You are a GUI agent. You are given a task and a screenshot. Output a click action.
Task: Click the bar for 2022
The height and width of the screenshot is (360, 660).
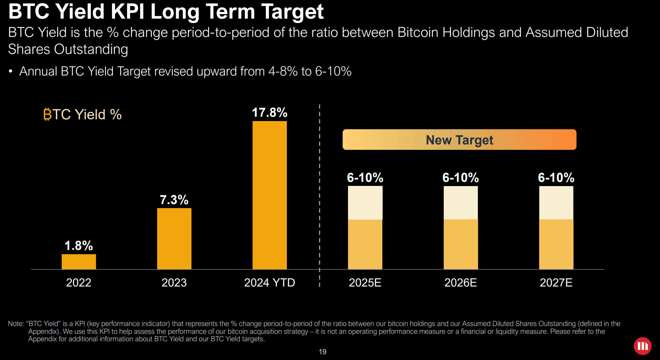coord(79,262)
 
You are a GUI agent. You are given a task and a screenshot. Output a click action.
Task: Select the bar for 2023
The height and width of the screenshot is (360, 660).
coord(174,239)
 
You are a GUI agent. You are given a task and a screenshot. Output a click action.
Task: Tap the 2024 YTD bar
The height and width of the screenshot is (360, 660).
coord(270,195)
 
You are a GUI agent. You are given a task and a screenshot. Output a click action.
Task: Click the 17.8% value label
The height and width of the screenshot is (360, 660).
coord(270,112)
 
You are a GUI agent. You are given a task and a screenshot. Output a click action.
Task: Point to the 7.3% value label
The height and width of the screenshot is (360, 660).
coord(174,200)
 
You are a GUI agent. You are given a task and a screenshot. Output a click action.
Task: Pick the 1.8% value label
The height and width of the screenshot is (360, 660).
coord(79,246)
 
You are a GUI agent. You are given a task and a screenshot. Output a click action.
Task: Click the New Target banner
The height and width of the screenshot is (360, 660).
coord(459,140)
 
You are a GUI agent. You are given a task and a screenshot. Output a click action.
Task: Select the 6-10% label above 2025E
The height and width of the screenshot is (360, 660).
coord(365,178)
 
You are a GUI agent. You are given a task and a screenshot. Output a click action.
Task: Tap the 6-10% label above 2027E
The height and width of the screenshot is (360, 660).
coord(556,178)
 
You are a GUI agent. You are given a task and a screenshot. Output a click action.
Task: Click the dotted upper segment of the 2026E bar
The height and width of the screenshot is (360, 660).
coord(460,203)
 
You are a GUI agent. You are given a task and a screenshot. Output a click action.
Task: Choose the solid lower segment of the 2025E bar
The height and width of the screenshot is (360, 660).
coord(365,244)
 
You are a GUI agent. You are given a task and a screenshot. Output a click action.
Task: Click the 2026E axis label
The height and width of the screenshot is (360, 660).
coord(460,282)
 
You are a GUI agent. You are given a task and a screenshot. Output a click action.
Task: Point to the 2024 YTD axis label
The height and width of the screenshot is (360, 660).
coord(270,282)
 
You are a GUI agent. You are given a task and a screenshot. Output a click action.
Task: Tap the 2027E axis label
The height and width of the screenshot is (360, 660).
coord(556,282)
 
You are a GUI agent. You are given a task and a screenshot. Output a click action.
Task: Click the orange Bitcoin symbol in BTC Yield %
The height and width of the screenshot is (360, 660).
coord(47,114)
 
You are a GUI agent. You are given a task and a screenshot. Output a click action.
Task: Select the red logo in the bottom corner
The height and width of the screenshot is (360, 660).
coord(642,346)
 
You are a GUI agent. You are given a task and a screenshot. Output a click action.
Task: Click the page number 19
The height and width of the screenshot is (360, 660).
coord(322,352)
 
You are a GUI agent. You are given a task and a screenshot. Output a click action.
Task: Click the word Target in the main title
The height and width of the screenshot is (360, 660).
coord(292,12)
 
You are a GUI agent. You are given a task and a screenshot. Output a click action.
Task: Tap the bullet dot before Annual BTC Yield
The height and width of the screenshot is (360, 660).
coord(11,71)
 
